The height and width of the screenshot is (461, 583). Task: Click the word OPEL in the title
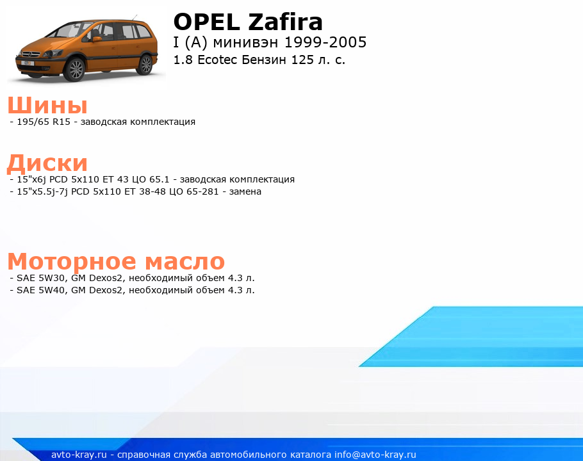tap(207, 22)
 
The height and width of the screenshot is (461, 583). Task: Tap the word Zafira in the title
tap(285, 22)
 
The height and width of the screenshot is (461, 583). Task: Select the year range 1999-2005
tap(325, 42)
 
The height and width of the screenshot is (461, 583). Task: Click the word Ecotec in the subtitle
tap(217, 60)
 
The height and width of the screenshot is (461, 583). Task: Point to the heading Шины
tap(47, 105)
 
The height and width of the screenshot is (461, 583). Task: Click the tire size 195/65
tap(33, 122)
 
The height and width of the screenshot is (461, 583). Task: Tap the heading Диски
tap(47, 163)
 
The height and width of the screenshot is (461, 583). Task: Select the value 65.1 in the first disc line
tap(159, 179)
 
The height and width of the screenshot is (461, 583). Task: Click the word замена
tap(245, 191)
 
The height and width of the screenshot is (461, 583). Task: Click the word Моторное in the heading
tap(71, 261)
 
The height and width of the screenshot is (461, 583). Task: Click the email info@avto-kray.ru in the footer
tap(375, 455)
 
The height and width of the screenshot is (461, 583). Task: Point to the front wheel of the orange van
tap(75, 69)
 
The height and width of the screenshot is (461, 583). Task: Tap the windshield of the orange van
tap(69, 31)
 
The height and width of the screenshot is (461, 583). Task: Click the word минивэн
tap(245, 43)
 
